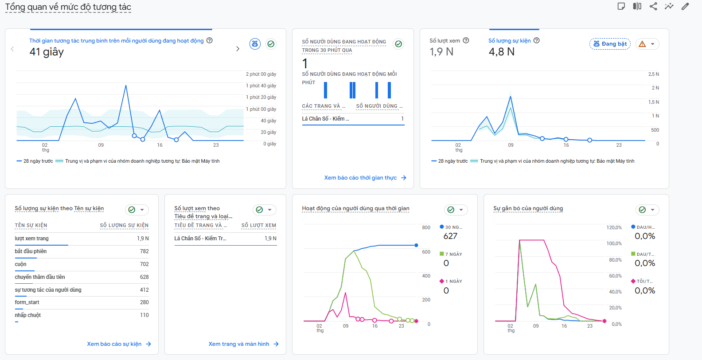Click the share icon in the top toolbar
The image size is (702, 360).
(x=653, y=6)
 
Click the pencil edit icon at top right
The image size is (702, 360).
(x=685, y=6)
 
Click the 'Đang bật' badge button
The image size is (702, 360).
(x=610, y=44)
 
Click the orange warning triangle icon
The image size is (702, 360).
(x=642, y=44)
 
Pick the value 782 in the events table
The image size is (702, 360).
(x=144, y=251)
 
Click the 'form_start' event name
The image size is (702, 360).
(x=27, y=302)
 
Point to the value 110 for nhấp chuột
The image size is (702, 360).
(x=144, y=315)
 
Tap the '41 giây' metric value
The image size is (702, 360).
(x=47, y=52)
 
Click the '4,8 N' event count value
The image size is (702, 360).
(x=501, y=52)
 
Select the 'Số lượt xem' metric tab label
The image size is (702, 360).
(x=445, y=41)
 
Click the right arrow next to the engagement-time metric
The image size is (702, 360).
(x=238, y=49)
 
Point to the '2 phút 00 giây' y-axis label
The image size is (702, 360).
(x=261, y=74)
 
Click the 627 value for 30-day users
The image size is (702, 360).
(x=450, y=236)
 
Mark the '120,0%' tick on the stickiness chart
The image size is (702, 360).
(x=614, y=227)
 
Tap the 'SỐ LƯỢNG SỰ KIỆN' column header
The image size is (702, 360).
(x=124, y=226)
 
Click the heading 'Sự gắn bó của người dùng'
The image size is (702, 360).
(x=528, y=208)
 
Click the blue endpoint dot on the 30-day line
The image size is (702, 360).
(x=416, y=245)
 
